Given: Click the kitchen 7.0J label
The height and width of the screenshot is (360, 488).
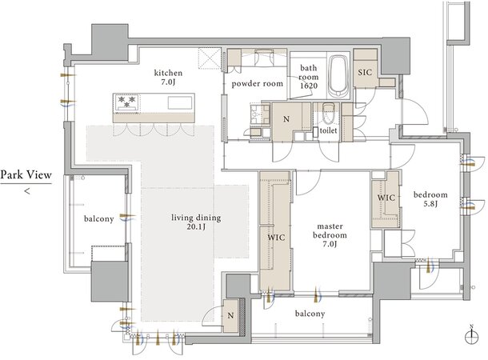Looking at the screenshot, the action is pyautogui.click(x=168, y=78).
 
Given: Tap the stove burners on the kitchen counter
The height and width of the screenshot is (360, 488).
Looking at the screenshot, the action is pyautogui.click(x=126, y=102).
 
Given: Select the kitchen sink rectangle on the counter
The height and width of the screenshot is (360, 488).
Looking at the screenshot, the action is pyautogui.click(x=180, y=102).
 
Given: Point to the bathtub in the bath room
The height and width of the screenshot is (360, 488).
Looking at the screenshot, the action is pyautogui.click(x=338, y=77).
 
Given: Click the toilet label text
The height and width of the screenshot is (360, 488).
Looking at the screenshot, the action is pyautogui.click(x=328, y=130).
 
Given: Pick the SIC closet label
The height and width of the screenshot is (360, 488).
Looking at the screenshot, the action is pyautogui.click(x=365, y=73).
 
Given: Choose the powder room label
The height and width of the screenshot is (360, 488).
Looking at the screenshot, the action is pyautogui.click(x=258, y=84).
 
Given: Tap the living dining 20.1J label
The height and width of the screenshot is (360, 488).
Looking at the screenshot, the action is pyautogui.click(x=196, y=222).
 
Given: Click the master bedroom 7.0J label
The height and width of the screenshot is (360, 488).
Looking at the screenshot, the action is pyautogui.click(x=330, y=235).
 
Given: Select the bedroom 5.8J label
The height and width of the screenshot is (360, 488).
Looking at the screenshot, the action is pyautogui.click(x=430, y=199).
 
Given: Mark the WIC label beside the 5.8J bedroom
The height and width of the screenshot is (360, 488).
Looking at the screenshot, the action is pyautogui.click(x=386, y=198).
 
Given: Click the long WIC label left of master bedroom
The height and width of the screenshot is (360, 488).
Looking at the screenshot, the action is pyautogui.click(x=276, y=238).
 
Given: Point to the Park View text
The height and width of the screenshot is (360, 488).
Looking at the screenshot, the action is pyautogui.click(x=26, y=175).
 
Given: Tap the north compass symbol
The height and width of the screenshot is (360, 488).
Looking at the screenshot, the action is pyautogui.click(x=471, y=335).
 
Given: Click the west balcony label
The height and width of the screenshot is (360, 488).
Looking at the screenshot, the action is pyautogui.click(x=98, y=219).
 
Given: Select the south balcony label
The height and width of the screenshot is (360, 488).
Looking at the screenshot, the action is pyautogui.click(x=310, y=314).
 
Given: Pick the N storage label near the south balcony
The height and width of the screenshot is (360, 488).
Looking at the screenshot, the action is pyautogui.click(x=230, y=316).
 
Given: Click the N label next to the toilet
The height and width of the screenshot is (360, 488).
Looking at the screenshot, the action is pyautogui.click(x=286, y=119).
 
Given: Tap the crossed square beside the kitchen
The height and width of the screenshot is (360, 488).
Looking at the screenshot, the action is pyautogui.click(x=210, y=58).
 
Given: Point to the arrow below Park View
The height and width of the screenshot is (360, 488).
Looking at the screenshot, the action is pyautogui.click(x=27, y=191).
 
